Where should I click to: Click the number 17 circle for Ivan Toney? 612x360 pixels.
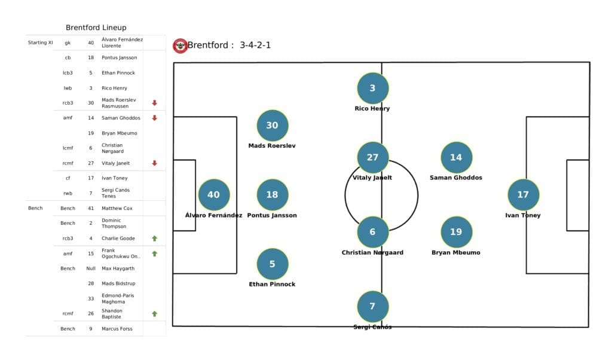tap(523, 194)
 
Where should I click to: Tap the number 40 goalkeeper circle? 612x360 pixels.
tap(213, 194)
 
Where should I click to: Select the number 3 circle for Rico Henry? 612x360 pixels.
tap(372, 89)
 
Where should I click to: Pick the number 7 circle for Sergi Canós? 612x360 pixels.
tap(372, 306)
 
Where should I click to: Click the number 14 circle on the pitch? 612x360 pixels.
tap(456, 157)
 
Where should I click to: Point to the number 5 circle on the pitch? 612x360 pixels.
tap(272, 264)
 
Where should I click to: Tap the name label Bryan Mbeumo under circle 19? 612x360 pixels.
tap(456, 252)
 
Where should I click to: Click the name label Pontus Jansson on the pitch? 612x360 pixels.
tap(272, 215)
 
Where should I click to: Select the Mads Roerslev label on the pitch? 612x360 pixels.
tap(272, 145)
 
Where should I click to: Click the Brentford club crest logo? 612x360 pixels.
tap(180, 45)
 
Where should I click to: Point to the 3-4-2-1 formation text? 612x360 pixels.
tap(255, 45)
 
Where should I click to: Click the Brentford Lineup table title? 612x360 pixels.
tap(96, 28)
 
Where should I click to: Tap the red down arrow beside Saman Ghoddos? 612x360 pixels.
tap(154, 118)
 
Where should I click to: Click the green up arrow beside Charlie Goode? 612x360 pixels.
tap(154, 238)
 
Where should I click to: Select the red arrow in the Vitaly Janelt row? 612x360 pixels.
tap(154, 163)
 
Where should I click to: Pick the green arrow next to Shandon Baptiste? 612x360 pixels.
tap(154, 313)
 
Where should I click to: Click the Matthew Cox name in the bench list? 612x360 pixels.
tap(117, 208)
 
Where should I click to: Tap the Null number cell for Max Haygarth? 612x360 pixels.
tap(91, 269)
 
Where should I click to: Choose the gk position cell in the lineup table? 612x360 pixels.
tap(68, 42)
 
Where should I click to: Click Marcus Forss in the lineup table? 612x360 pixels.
tap(117, 328)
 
